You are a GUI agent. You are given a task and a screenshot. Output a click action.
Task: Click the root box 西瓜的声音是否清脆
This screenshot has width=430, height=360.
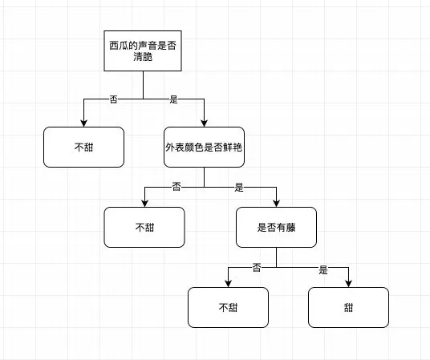pyautogui.click(x=143, y=51)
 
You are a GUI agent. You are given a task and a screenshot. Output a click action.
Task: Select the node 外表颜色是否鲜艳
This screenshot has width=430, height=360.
pyautogui.click(x=204, y=147)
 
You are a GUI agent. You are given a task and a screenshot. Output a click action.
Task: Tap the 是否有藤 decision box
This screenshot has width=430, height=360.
pyautogui.click(x=276, y=227)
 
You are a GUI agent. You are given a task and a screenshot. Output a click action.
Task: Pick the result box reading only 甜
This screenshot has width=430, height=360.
pyautogui.click(x=348, y=307)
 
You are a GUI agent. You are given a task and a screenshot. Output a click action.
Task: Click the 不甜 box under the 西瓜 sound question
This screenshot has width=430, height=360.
pyautogui.click(x=83, y=147)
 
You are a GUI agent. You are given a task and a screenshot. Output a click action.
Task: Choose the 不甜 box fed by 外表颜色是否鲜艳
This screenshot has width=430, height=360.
pyautogui.click(x=144, y=227)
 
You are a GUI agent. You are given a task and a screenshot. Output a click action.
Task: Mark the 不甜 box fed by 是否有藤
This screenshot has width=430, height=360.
pyautogui.click(x=228, y=307)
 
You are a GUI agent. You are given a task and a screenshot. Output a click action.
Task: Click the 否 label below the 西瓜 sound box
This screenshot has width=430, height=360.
pyautogui.click(x=114, y=99)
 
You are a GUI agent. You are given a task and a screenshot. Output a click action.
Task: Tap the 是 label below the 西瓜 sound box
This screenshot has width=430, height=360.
pyautogui.click(x=173, y=99)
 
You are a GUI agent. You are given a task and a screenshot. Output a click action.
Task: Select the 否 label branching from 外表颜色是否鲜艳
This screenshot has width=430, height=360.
pyautogui.click(x=176, y=187)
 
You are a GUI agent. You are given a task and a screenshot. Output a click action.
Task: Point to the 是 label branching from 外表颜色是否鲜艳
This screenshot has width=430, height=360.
pyautogui.click(x=239, y=188)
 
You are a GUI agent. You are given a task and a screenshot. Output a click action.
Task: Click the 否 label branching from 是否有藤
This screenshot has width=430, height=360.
pyautogui.click(x=257, y=267)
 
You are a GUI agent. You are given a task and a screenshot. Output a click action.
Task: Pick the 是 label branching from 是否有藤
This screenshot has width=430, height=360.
pyautogui.click(x=323, y=269)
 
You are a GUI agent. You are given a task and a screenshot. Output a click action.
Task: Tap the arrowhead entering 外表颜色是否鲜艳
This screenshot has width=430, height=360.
pyautogui.click(x=204, y=123)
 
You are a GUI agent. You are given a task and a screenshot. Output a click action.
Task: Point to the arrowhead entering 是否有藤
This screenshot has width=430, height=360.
pyautogui.click(x=277, y=204)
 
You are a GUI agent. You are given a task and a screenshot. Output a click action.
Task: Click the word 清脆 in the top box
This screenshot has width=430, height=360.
pyautogui.click(x=143, y=57)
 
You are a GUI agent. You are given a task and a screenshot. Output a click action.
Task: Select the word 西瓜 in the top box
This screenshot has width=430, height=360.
pyautogui.click(x=119, y=45)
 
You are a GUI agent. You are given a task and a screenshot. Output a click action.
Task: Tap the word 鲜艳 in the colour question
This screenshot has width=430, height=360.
pyautogui.click(x=233, y=148)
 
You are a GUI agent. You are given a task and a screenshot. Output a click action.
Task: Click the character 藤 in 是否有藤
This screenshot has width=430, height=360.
pyautogui.click(x=290, y=227)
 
